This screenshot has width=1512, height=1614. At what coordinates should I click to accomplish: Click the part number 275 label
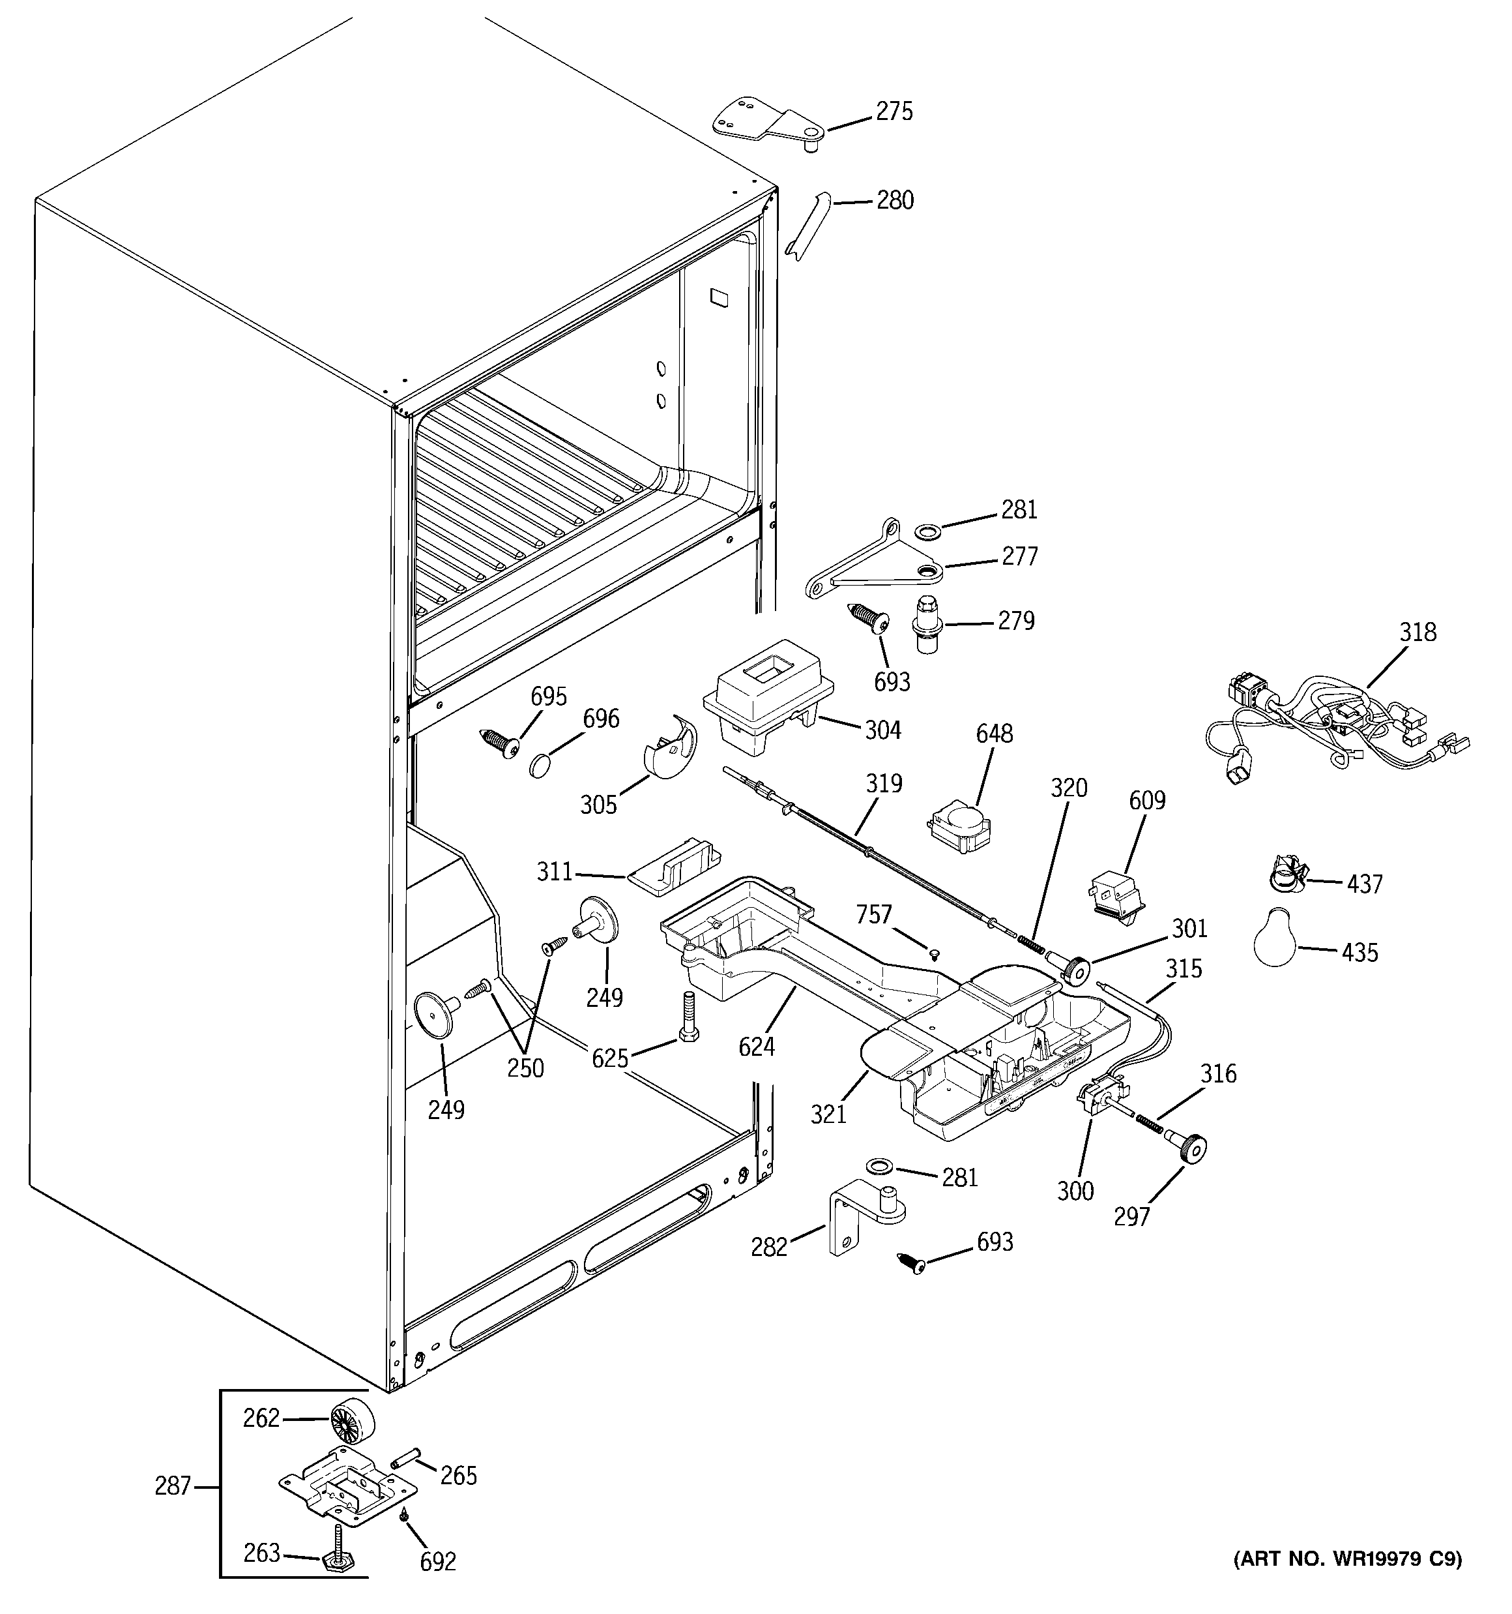894,112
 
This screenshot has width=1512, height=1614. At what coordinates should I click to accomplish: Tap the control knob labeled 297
1192,1149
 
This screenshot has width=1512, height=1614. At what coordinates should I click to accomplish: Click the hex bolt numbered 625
688,1017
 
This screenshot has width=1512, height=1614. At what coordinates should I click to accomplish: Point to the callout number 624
757,1047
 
